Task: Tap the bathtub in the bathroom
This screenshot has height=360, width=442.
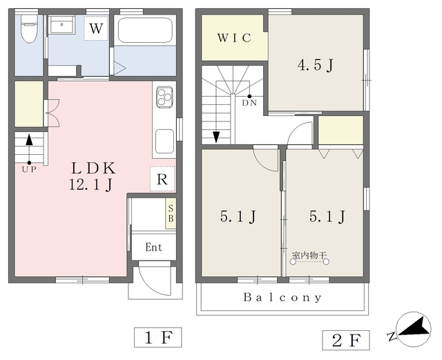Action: click(145, 30)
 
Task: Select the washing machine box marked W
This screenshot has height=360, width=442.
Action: click(96, 28)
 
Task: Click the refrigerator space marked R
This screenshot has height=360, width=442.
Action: click(162, 179)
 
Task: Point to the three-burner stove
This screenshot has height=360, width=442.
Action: click(165, 97)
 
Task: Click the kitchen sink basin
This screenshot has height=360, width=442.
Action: click(164, 141)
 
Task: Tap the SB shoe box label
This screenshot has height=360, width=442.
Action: click(171, 214)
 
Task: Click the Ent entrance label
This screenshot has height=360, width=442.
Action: click(154, 247)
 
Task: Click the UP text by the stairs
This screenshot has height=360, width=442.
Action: click(29, 169)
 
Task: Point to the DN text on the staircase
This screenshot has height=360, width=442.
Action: click(249, 103)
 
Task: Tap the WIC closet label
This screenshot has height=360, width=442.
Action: click(234, 38)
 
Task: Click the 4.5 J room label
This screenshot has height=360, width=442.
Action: click(316, 66)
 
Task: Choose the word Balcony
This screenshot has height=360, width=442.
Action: click(282, 297)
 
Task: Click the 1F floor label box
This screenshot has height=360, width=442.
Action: click(158, 337)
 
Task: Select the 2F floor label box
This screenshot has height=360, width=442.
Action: click(346, 340)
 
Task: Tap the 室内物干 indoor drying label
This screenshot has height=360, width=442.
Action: click(309, 256)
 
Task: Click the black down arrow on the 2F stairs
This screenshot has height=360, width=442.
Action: click(216, 137)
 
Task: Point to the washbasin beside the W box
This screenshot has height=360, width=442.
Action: click(61, 25)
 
